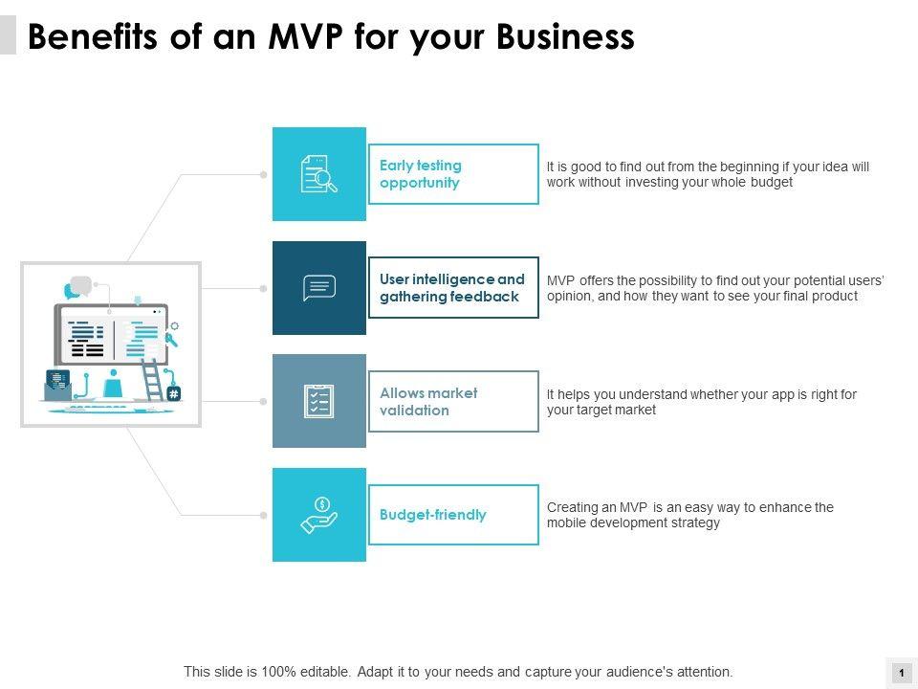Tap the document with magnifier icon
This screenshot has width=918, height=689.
click(319, 174)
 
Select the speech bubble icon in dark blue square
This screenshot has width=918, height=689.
click(319, 288)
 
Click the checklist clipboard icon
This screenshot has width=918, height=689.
click(318, 401)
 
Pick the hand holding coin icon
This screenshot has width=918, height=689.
click(319, 515)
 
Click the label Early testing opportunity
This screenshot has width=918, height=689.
click(421, 174)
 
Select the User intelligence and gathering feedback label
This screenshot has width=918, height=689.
click(452, 288)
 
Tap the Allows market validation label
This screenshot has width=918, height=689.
click(428, 402)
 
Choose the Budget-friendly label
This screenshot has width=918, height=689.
click(433, 515)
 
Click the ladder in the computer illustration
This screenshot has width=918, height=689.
click(153, 380)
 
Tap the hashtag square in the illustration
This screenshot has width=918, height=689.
click(174, 393)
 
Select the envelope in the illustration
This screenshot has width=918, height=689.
click(58, 386)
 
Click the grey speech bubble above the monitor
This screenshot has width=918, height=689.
click(81, 284)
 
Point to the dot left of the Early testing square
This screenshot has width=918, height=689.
click(264, 174)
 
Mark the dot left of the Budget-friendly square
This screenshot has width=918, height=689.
click(264, 515)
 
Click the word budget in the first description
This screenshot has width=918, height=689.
click(772, 182)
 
